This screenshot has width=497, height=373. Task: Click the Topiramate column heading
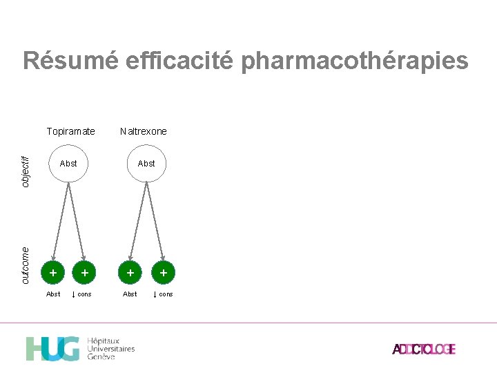[x=70, y=131]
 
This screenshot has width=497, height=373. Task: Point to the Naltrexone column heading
[x=144, y=131]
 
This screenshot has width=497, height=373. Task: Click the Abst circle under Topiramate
[x=68, y=164]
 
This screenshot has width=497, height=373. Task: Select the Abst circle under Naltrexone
[x=146, y=164]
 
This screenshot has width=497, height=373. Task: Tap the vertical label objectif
[x=26, y=170]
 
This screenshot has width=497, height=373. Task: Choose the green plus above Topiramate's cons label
[x=84, y=274]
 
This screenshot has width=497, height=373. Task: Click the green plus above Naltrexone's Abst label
[x=130, y=274]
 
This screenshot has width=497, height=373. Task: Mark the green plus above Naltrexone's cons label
[x=163, y=274]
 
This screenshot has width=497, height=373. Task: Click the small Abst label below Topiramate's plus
[x=53, y=294]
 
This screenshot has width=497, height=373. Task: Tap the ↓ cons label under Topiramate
[x=81, y=294]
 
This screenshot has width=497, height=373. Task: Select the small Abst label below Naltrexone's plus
[x=130, y=294]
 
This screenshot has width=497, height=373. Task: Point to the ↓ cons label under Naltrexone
[x=163, y=294]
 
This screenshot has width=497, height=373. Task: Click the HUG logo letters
[x=52, y=349]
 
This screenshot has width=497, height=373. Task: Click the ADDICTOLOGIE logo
[x=424, y=350]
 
